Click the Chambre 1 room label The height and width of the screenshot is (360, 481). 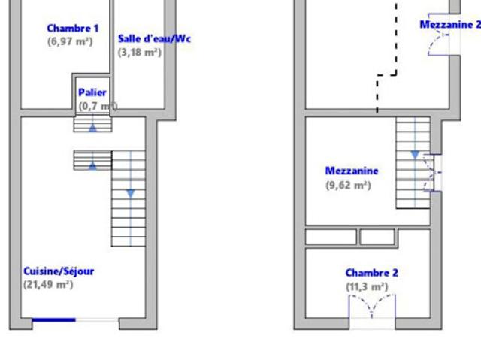[73, 29]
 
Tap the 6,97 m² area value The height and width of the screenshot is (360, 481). [70, 41]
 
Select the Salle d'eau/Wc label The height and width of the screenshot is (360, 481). [154, 38]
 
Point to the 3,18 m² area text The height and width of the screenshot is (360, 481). [140, 53]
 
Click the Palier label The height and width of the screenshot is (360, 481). [92, 92]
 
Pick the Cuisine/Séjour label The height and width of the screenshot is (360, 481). [59, 271]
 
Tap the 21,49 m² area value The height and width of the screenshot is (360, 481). [48, 285]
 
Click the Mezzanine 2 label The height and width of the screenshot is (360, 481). [450, 25]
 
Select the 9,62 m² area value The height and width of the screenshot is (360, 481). [348, 185]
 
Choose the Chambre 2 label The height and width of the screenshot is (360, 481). [372, 273]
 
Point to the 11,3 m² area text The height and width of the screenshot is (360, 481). [367, 287]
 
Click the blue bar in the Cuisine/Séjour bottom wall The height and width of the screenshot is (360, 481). [53, 320]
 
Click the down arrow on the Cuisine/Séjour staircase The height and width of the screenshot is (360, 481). [131, 194]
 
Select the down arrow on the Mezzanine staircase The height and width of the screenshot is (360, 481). [415, 155]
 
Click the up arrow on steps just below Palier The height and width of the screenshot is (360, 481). [92, 129]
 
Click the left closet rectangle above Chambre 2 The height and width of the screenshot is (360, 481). [331, 237]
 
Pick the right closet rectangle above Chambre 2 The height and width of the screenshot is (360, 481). [377, 237]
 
